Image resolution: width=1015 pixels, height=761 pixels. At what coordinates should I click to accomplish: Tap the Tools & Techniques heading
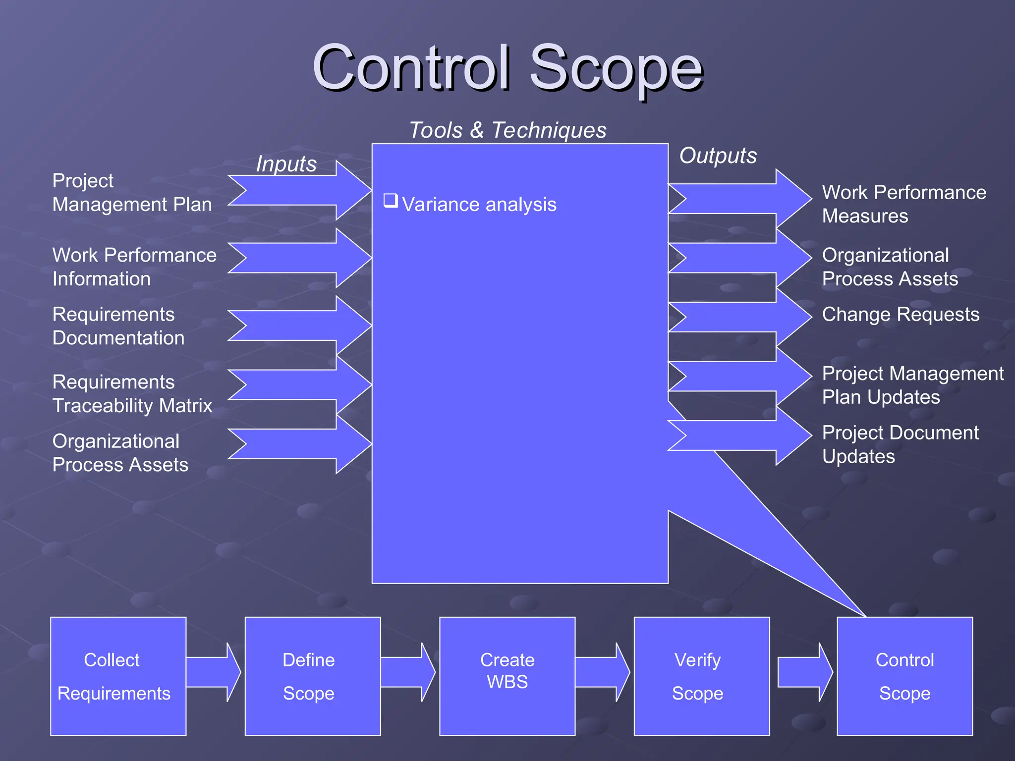pos(507,130)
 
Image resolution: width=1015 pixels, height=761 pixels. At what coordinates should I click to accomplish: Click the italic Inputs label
pos(286,164)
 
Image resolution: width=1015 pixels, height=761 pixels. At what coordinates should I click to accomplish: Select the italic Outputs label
pos(718,156)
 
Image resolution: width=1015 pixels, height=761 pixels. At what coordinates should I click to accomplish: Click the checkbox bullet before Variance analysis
pos(391,201)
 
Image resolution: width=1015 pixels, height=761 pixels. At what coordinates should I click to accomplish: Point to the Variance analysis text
pos(479,205)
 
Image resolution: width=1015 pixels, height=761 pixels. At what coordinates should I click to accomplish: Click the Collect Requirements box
pos(118,676)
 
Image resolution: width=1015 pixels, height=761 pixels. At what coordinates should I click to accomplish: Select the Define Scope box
pos(312,676)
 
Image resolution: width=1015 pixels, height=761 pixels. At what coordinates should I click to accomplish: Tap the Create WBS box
pos(507,676)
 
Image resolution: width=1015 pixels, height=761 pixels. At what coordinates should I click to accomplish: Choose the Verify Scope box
pos(701,676)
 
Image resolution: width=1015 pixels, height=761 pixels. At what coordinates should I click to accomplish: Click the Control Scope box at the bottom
pos(904,676)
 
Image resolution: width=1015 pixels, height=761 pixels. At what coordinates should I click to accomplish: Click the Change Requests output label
pos(901,315)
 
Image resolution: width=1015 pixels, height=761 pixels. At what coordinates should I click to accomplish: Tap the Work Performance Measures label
pos(903,204)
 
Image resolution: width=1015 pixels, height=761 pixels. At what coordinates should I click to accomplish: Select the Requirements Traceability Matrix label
pos(132,394)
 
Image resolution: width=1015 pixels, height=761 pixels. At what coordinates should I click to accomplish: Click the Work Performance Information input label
pos(134,267)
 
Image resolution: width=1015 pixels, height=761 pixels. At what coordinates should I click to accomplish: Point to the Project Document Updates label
pos(900,444)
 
